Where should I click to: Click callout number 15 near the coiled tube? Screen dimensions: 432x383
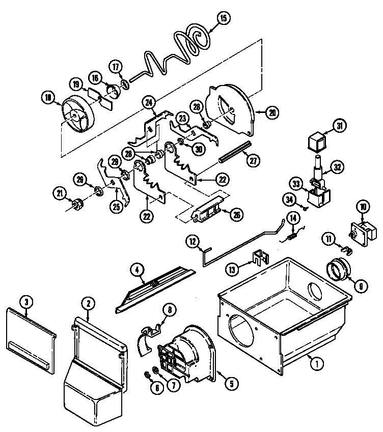pos(223,18)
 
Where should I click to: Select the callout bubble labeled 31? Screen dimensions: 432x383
pos(338,125)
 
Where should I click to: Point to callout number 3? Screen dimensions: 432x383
pos(26,302)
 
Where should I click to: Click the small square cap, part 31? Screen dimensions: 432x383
pos(317,140)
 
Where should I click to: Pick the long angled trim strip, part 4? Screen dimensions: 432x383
pos(153,290)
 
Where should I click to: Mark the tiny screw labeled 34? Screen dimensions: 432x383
pos(304,208)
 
